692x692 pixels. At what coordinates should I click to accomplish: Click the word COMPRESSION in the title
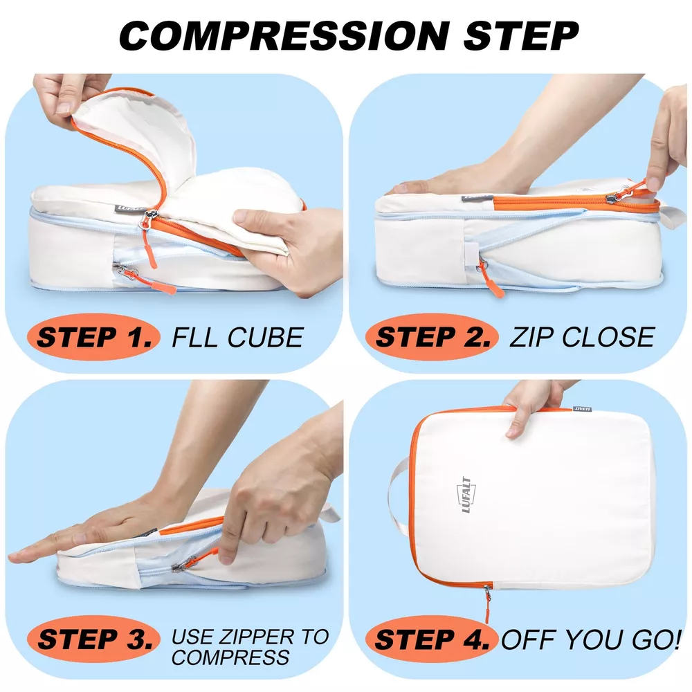(284, 35)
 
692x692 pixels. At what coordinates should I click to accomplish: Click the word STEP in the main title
(521, 35)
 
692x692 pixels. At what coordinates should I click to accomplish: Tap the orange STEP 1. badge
(93, 337)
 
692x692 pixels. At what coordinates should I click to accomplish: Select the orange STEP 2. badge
(432, 337)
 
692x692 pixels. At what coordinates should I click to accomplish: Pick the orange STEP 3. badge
(93, 639)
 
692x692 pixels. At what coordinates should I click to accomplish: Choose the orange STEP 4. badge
(432, 639)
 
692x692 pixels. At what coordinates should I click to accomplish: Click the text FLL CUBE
(237, 338)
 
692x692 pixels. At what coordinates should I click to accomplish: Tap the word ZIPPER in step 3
(257, 637)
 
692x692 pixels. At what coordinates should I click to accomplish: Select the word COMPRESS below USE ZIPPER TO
(230, 657)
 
